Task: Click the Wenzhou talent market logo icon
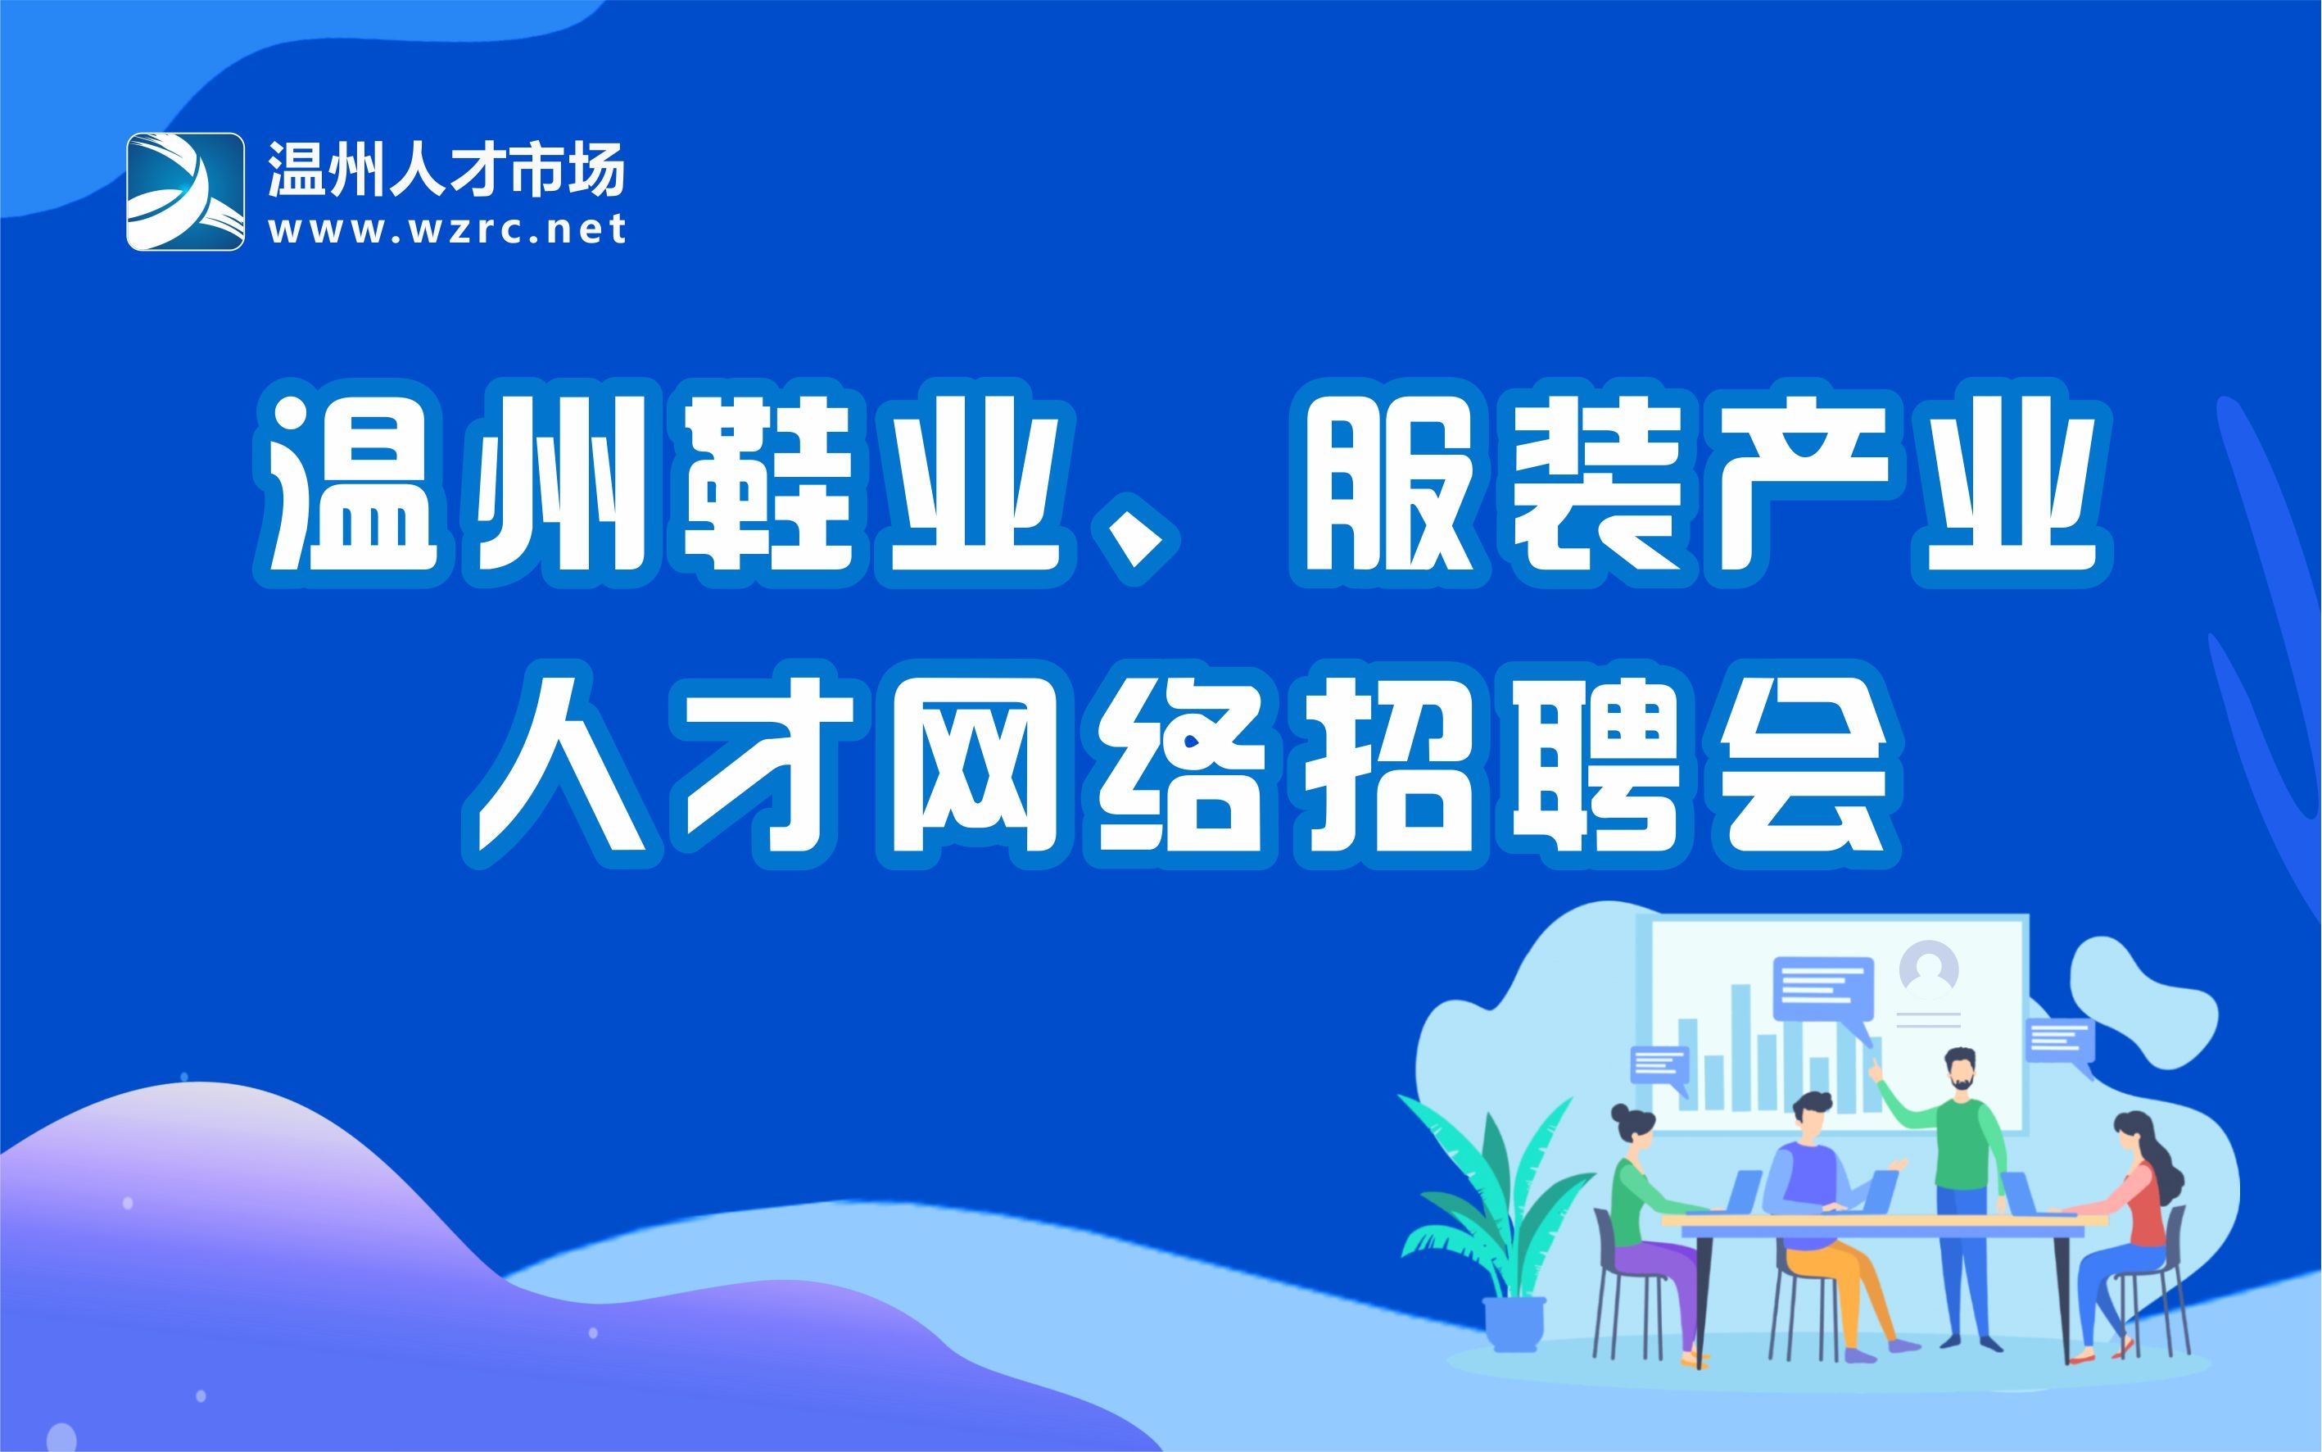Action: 185,191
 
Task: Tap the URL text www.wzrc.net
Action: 447,229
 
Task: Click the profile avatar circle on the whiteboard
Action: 1928,966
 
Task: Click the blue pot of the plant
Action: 1514,1324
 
